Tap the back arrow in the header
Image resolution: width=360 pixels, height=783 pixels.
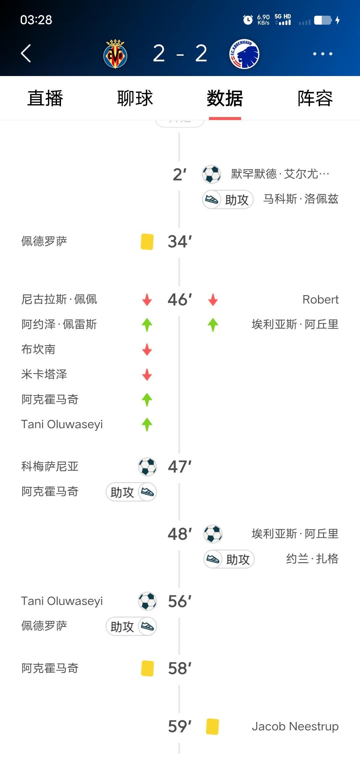(x=26, y=53)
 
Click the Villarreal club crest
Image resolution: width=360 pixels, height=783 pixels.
(x=115, y=54)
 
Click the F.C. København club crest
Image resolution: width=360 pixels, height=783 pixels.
(x=244, y=54)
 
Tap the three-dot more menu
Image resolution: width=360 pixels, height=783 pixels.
(x=322, y=54)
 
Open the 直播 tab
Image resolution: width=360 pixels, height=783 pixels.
(x=45, y=98)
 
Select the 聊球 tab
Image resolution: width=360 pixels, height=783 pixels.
(x=135, y=98)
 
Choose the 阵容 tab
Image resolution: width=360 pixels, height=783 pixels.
(x=315, y=98)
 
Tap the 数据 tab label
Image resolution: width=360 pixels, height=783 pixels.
(x=225, y=98)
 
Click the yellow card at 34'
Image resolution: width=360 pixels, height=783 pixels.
(x=147, y=241)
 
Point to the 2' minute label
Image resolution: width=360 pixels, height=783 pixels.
(x=180, y=174)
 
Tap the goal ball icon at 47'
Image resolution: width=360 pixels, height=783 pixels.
(x=147, y=467)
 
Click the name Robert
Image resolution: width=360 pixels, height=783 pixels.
(x=320, y=299)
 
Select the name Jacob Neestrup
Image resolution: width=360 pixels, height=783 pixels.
(x=295, y=726)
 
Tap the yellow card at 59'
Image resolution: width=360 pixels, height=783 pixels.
(x=212, y=726)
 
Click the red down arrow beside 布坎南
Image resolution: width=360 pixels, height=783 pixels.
(x=147, y=349)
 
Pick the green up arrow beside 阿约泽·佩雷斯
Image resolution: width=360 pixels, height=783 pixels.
(x=147, y=324)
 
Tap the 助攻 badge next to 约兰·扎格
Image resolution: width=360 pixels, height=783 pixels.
(x=229, y=559)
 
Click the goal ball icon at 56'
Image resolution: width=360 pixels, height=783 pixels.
(x=147, y=601)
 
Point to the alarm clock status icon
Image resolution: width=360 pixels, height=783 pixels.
(x=248, y=20)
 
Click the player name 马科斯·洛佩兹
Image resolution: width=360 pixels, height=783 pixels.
(x=301, y=199)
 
